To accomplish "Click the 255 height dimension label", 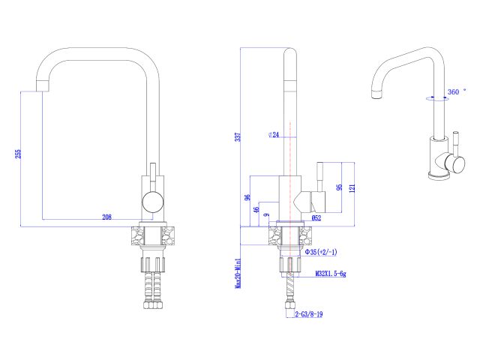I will coord(18,154).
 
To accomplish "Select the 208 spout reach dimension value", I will coord(106,217).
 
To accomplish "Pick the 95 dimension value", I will coord(338,187).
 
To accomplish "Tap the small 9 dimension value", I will coord(266,216).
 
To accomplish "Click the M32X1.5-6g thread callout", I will coord(331,274).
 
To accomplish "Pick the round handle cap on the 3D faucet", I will coord(452,163).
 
